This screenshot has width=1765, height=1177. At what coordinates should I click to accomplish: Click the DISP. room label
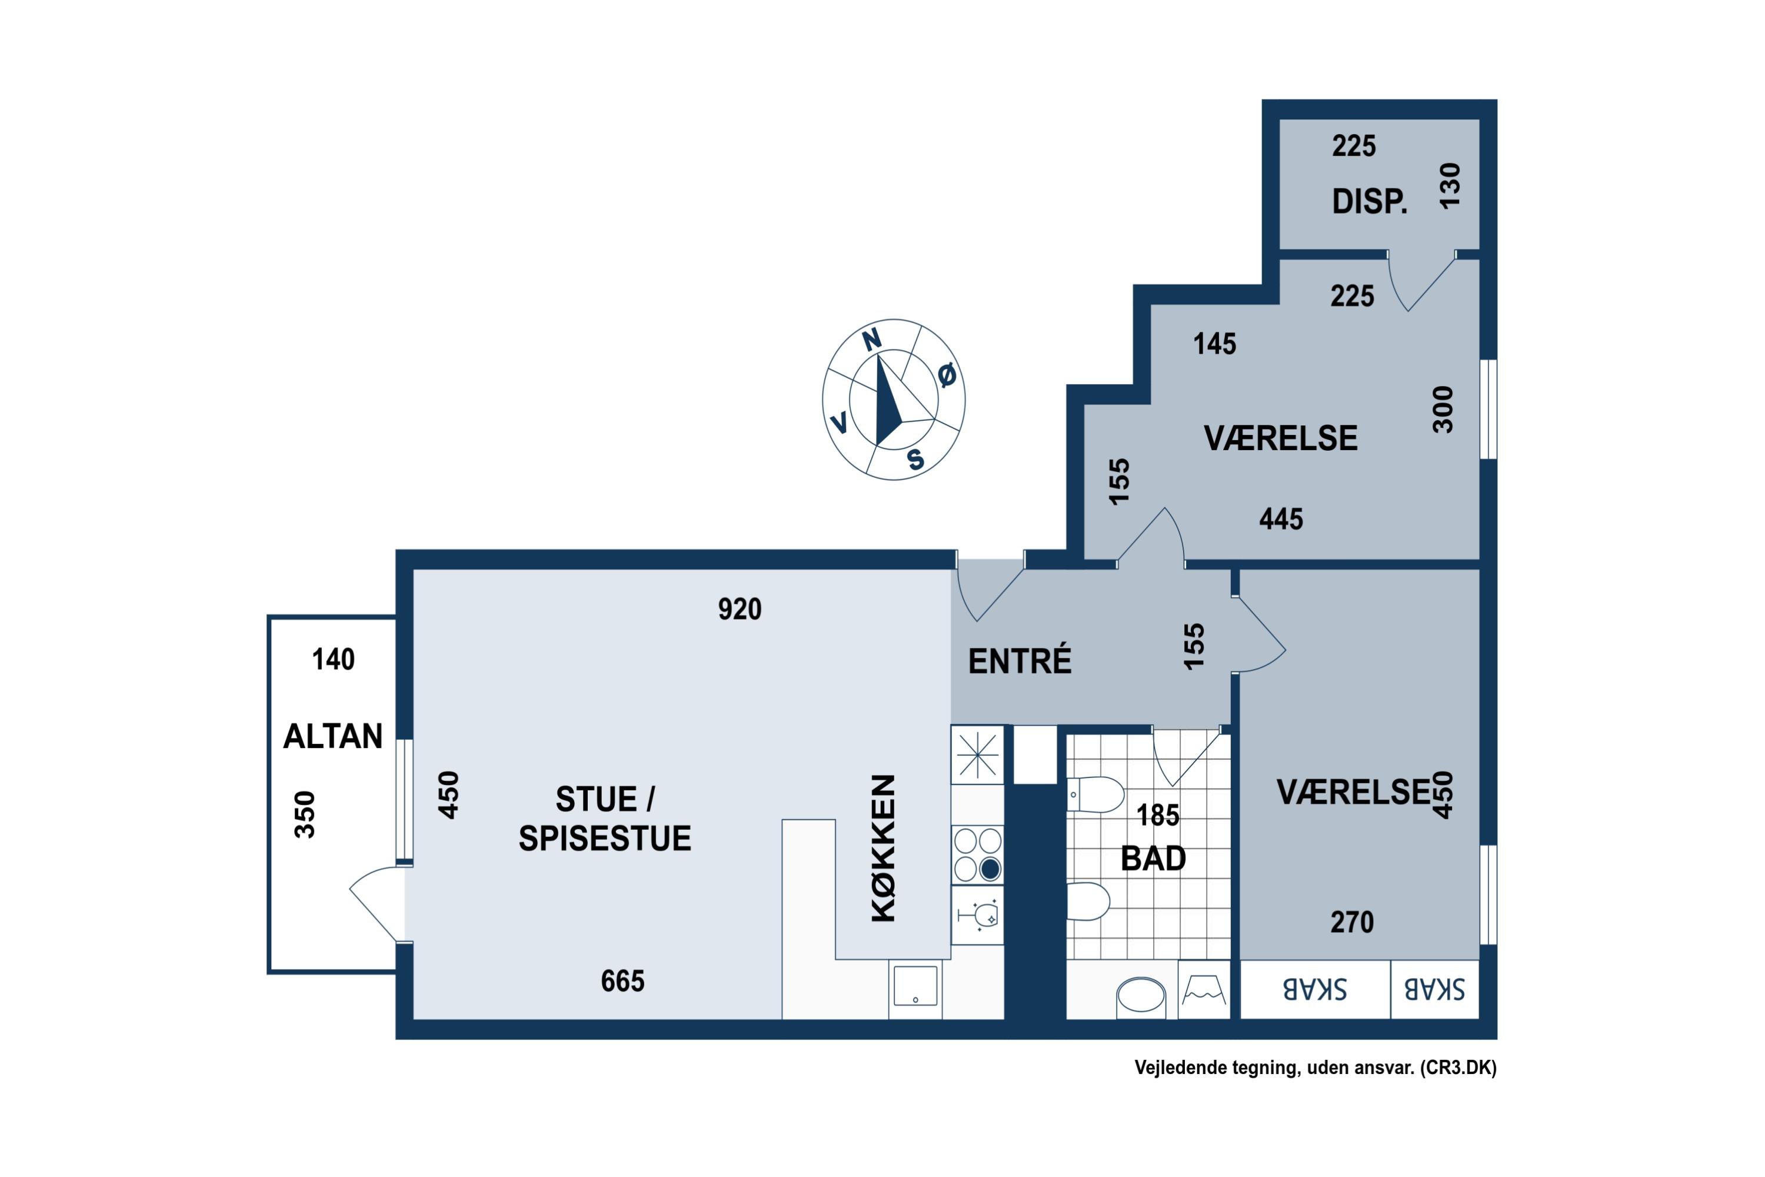[x=1370, y=202]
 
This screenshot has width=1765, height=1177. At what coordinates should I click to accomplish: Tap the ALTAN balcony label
[x=333, y=736]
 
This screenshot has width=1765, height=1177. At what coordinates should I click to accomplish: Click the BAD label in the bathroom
[x=1153, y=858]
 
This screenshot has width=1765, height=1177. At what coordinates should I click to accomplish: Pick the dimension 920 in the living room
[x=740, y=609]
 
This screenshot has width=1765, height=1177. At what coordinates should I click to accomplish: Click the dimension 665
[x=623, y=981]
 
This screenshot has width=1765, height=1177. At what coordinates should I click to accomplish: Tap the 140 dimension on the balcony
[x=333, y=659]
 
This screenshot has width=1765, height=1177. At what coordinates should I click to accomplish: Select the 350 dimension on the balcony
[x=305, y=814]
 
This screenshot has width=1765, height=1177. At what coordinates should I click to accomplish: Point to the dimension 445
[x=1281, y=518]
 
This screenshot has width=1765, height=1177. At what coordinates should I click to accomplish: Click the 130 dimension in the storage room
[x=1450, y=185]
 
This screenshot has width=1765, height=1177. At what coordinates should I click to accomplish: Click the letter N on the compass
[x=871, y=340]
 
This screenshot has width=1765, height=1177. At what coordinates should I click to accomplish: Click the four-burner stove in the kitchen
[x=978, y=855]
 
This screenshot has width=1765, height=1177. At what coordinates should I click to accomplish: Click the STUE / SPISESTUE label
[x=605, y=819]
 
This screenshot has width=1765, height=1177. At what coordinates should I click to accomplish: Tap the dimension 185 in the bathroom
[x=1158, y=815]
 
